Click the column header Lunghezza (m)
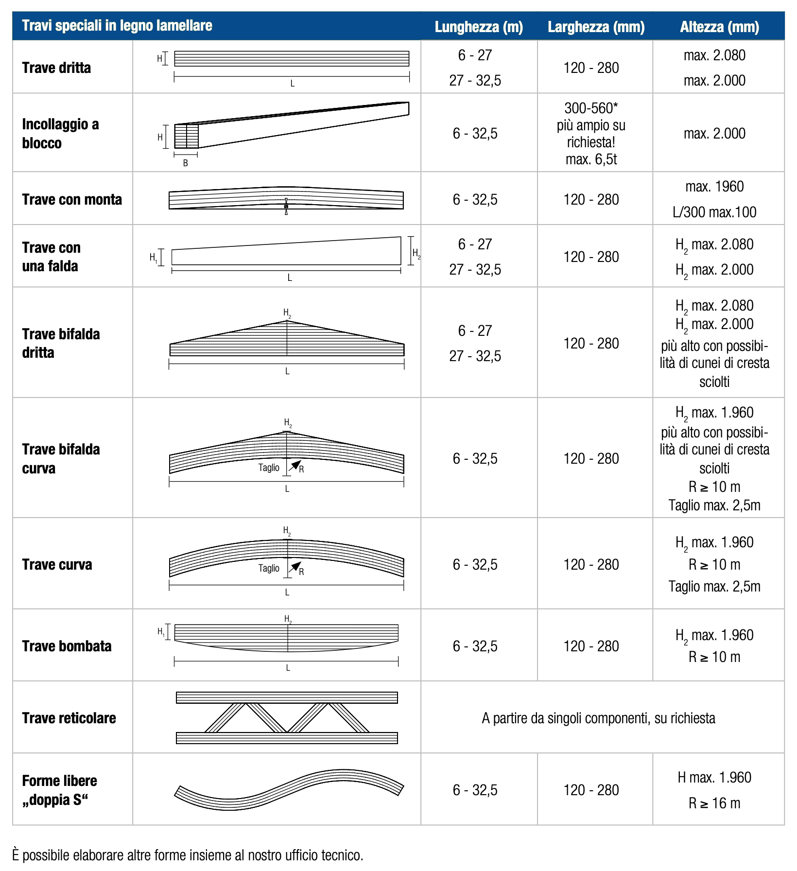(478, 27)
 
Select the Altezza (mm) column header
(719, 27)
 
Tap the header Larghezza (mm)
(596, 27)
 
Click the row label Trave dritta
(56, 68)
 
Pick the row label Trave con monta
(72, 200)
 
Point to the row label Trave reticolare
(69, 718)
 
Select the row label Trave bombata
(67, 646)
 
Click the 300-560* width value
(591, 108)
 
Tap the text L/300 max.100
(714, 212)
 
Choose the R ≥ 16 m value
(714, 803)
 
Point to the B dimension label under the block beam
(186, 163)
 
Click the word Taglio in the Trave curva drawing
(269, 568)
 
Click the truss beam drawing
(287, 717)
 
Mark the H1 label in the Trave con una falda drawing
(153, 257)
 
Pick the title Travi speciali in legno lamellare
(117, 26)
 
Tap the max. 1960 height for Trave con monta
(714, 187)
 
